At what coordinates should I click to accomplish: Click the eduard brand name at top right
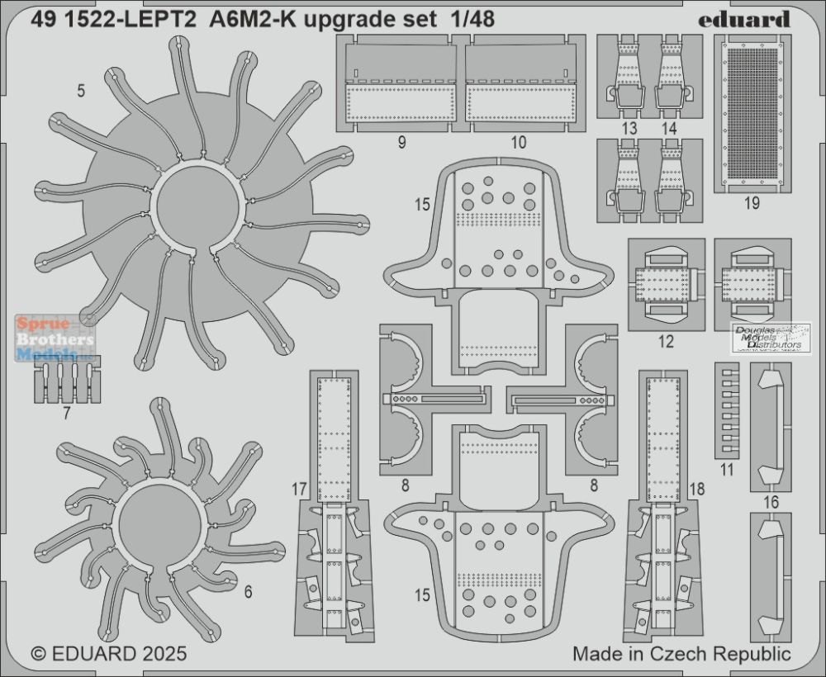pyautogui.click(x=744, y=20)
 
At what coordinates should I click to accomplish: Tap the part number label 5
pyautogui.click(x=81, y=91)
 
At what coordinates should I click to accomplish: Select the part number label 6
pyautogui.click(x=248, y=592)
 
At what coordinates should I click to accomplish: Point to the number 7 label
pyautogui.click(x=66, y=414)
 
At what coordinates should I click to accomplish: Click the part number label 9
pyautogui.click(x=402, y=142)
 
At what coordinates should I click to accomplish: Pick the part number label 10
pyautogui.click(x=519, y=142)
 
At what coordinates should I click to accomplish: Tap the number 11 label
pyautogui.click(x=727, y=470)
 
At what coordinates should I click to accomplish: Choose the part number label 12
pyautogui.click(x=666, y=342)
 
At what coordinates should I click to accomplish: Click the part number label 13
pyautogui.click(x=629, y=129)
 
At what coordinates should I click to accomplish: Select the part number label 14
pyautogui.click(x=669, y=129)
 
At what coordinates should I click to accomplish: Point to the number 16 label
pyautogui.click(x=771, y=502)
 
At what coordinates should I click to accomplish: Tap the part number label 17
pyautogui.click(x=299, y=490)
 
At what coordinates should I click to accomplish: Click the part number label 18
pyautogui.click(x=696, y=489)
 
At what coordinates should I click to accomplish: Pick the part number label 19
pyautogui.click(x=752, y=202)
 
